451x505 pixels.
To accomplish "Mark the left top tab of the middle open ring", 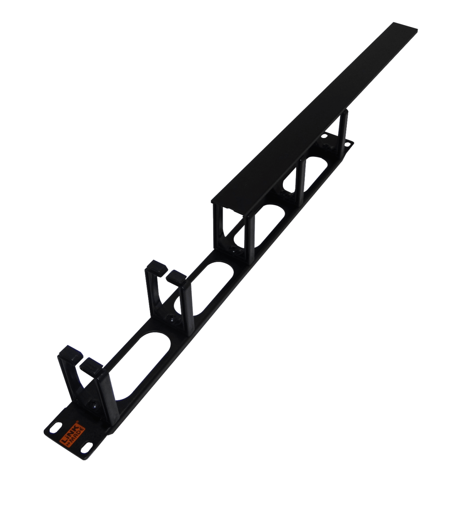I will click(156, 266).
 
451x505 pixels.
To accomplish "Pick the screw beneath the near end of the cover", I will click(234, 252).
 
